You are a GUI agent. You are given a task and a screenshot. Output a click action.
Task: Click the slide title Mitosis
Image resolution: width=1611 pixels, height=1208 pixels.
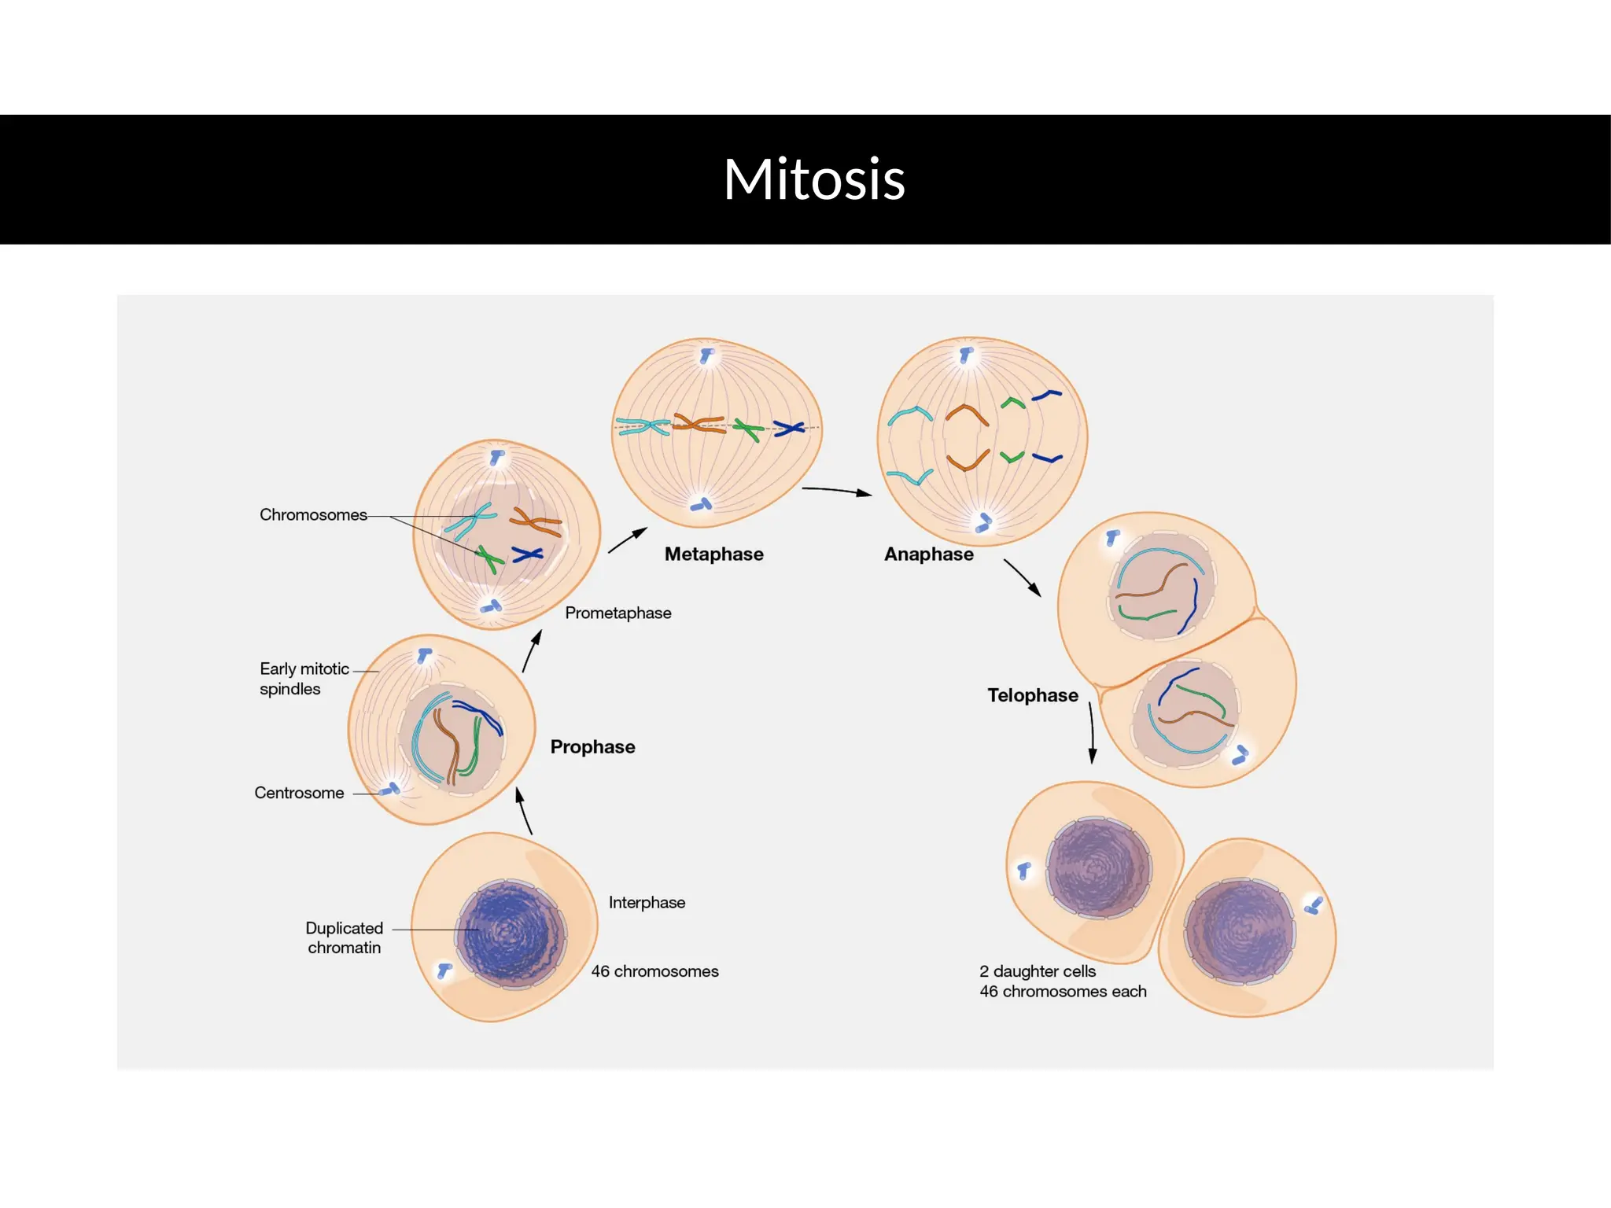point(814,179)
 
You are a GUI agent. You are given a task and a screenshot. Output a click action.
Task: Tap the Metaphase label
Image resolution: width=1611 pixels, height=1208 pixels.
point(713,554)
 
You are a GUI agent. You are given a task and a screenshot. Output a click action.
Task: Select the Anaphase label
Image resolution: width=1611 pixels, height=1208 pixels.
point(928,554)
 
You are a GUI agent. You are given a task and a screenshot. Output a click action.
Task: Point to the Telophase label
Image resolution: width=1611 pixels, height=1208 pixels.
point(1032,695)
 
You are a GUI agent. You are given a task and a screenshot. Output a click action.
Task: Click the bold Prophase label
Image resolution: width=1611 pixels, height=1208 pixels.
point(592,747)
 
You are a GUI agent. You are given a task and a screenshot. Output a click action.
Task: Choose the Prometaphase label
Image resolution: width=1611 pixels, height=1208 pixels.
point(617,613)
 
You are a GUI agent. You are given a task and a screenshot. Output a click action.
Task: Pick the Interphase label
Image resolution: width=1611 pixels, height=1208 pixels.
point(647,903)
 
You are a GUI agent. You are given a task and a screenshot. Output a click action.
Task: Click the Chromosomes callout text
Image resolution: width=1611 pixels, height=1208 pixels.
point(313,515)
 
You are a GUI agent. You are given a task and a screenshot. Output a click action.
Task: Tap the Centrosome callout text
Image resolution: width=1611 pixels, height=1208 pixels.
point(299,793)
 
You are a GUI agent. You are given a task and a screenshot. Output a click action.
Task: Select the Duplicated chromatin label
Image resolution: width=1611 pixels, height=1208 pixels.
point(345,937)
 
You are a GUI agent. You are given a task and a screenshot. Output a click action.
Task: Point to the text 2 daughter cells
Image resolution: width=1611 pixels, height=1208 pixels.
point(1038,971)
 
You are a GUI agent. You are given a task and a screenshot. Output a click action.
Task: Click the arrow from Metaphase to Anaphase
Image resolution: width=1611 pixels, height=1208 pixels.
point(836,491)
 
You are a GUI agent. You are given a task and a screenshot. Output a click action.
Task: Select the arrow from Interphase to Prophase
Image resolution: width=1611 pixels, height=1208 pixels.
point(523,811)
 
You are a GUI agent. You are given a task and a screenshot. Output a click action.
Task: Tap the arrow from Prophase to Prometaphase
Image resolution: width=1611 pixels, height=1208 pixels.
point(533,651)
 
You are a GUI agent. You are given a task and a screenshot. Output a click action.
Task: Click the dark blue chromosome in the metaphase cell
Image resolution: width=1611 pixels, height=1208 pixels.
point(788,429)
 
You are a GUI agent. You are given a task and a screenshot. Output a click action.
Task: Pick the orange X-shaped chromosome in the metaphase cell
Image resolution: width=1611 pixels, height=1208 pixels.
point(699,425)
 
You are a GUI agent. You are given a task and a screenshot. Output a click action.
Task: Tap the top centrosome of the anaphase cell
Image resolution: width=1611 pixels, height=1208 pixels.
point(966,355)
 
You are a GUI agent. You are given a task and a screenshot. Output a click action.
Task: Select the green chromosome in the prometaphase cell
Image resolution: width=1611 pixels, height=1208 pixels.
point(490,559)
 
